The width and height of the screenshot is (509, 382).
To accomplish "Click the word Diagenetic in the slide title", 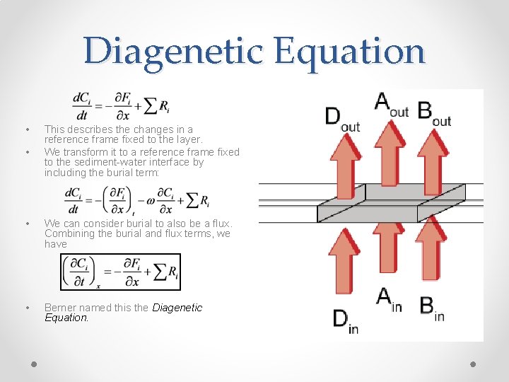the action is click(173, 51).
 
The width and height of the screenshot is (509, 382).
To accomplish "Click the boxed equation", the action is click(120, 272).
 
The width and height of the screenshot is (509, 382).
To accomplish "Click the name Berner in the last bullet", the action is click(60, 308).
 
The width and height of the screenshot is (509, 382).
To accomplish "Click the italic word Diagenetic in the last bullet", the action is click(177, 308).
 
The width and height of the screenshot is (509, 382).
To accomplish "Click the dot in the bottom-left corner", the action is click(34, 364).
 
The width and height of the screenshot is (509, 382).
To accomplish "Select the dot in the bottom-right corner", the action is click(473, 364).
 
